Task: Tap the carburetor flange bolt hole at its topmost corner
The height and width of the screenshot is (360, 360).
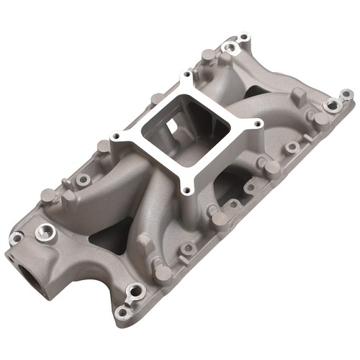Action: [188, 74]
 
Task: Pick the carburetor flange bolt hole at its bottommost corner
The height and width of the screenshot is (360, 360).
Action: [186, 190]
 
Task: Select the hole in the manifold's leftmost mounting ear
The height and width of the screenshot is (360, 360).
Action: [15, 237]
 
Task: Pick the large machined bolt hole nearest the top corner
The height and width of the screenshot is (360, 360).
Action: [230, 48]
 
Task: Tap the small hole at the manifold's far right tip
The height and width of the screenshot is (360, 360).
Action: [346, 94]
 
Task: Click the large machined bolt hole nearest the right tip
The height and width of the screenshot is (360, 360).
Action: [332, 105]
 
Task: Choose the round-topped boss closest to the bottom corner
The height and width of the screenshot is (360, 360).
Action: [163, 273]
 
